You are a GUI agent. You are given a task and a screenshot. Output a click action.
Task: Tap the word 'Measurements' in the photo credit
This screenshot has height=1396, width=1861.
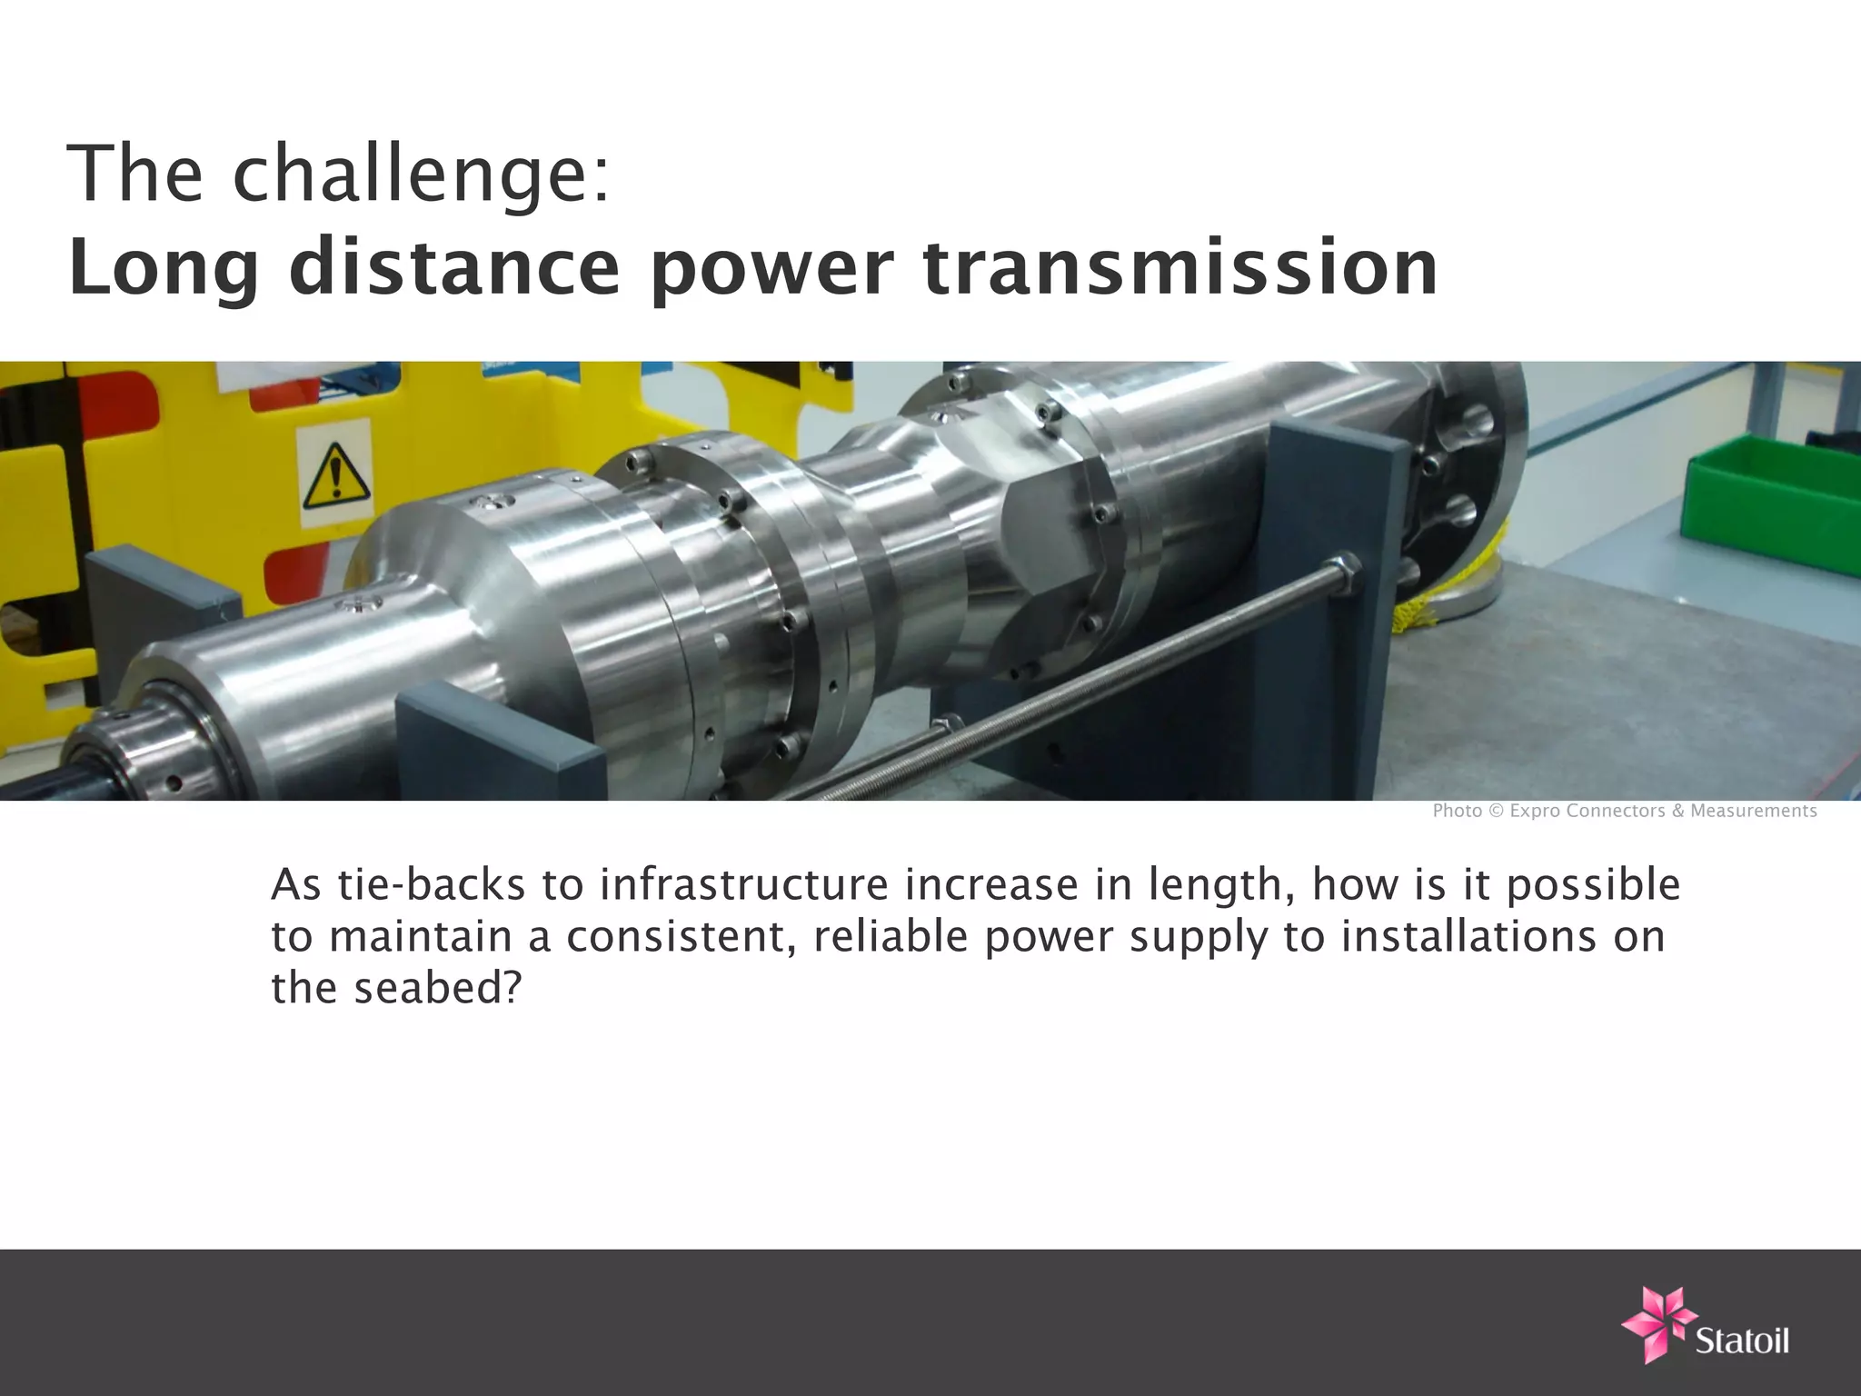click(1753, 811)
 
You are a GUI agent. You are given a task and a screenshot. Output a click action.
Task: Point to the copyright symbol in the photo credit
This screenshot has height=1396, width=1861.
click(1495, 811)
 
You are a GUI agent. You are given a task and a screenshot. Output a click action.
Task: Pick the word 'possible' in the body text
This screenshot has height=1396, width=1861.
click(1593, 887)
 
